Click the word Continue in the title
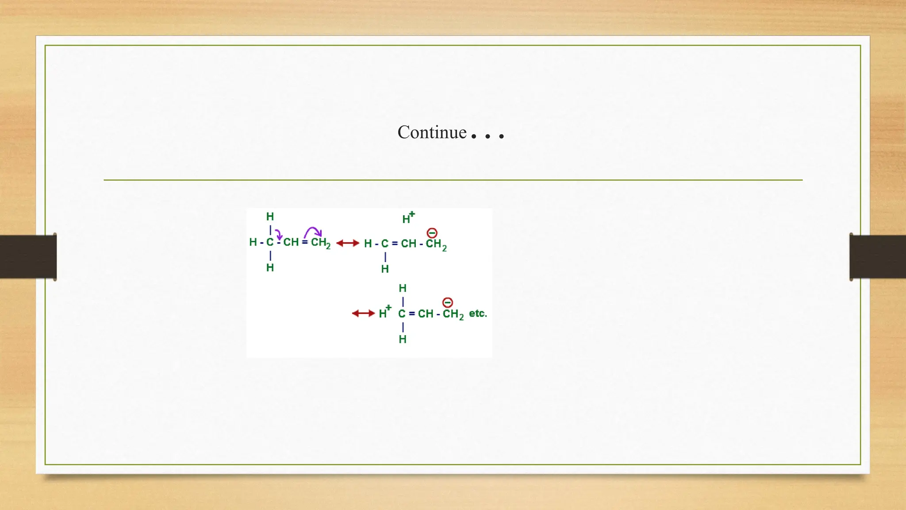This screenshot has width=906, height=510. point(432,132)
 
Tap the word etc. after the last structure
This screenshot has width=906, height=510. point(478,313)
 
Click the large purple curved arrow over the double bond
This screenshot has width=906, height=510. point(313,231)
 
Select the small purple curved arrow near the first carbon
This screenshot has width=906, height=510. point(278,234)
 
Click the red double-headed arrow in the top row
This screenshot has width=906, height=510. point(348,243)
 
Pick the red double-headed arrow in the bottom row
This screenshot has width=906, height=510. point(363,313)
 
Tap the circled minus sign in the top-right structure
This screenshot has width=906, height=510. point(432,233)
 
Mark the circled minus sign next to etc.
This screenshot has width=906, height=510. point(448,303)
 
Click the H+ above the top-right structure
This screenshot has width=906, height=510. point(408,218)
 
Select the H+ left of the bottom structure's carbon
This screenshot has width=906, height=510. point(384,313)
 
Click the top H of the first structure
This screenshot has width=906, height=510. point(270,216)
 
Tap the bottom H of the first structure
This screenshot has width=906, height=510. point(270,268)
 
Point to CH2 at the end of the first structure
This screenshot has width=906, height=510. point(320,243)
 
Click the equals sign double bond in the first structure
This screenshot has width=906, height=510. point(305,242)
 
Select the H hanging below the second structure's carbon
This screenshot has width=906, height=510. point(385,269)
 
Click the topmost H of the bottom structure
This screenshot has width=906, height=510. point(403,288)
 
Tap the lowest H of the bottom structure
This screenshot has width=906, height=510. point(403,340)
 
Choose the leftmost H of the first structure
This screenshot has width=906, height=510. point(253,242)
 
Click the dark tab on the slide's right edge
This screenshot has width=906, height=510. point(877,257)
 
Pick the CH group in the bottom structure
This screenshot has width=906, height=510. point(426,314)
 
